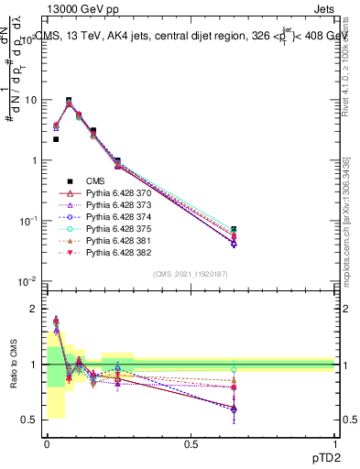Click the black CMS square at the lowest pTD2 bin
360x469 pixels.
point(56,139)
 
